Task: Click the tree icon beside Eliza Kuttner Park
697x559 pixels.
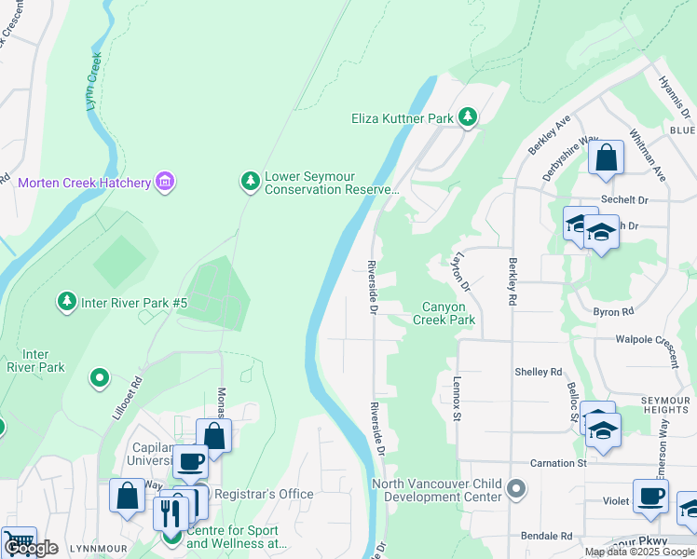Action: pyautogui.click(x=467, y=117)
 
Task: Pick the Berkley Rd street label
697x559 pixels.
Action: pyautogui.click(x=512, y=283)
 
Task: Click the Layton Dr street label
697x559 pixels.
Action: pyautogui.click(x=460, y=271)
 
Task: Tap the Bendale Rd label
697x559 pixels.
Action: pyautogui.click(x=547, y=536)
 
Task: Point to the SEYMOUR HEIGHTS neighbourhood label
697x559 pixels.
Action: pyautogui.click(x=665, y=407)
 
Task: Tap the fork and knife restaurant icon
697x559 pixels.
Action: pyautogui.click(x=170, y=511)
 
